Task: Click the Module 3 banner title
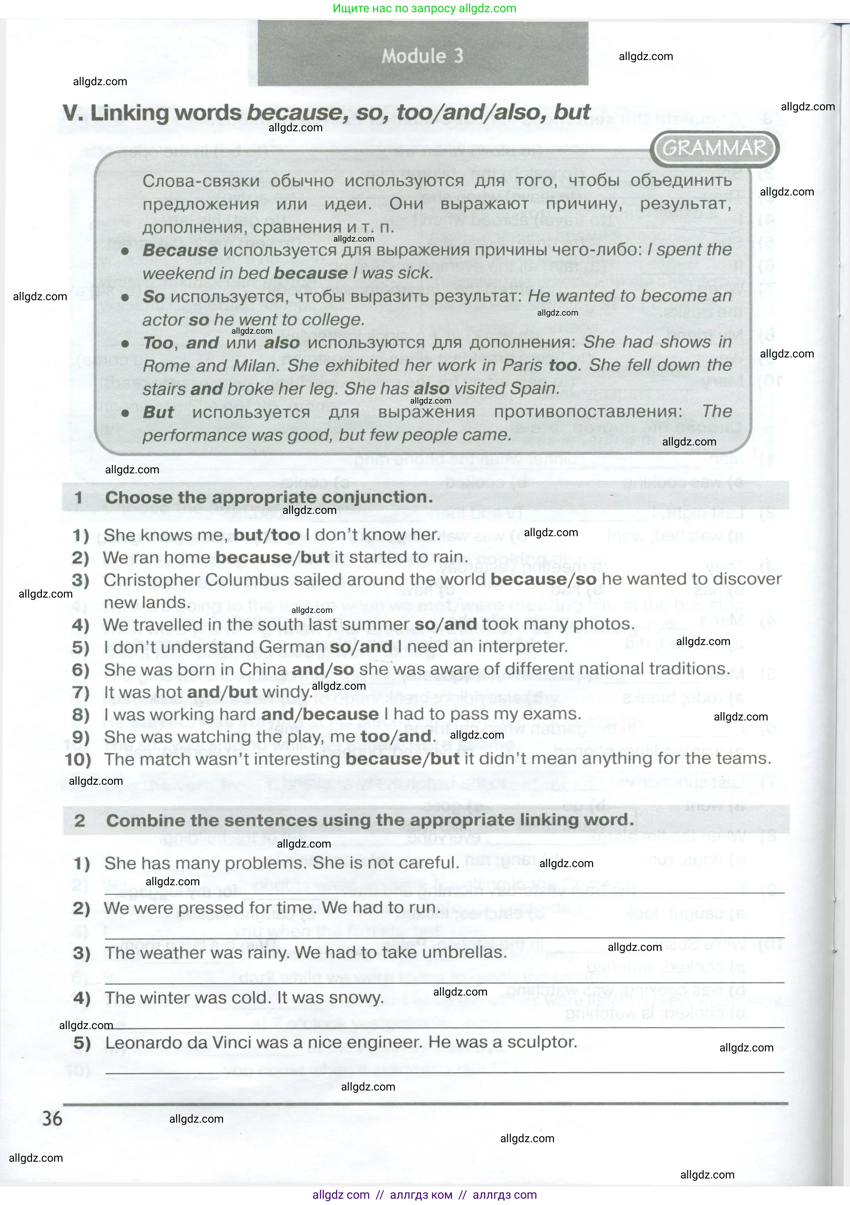[422, 56]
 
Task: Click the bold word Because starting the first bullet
[180, 250]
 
